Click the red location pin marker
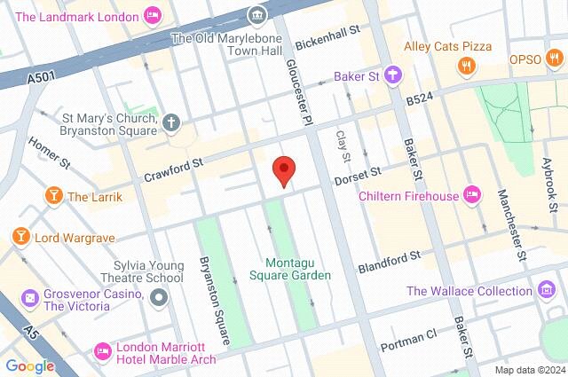pos(283,169)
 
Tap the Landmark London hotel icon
pos(153,15)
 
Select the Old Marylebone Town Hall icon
pos(257,14)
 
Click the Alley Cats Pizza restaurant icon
pos(464,65)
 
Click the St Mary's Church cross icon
pos(170,123)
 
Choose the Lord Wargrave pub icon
pos(20,237)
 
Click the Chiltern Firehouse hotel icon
pos(473,195)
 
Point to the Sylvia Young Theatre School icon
pos(157,297)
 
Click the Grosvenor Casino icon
pos(29,298)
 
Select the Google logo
pos(29,365)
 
